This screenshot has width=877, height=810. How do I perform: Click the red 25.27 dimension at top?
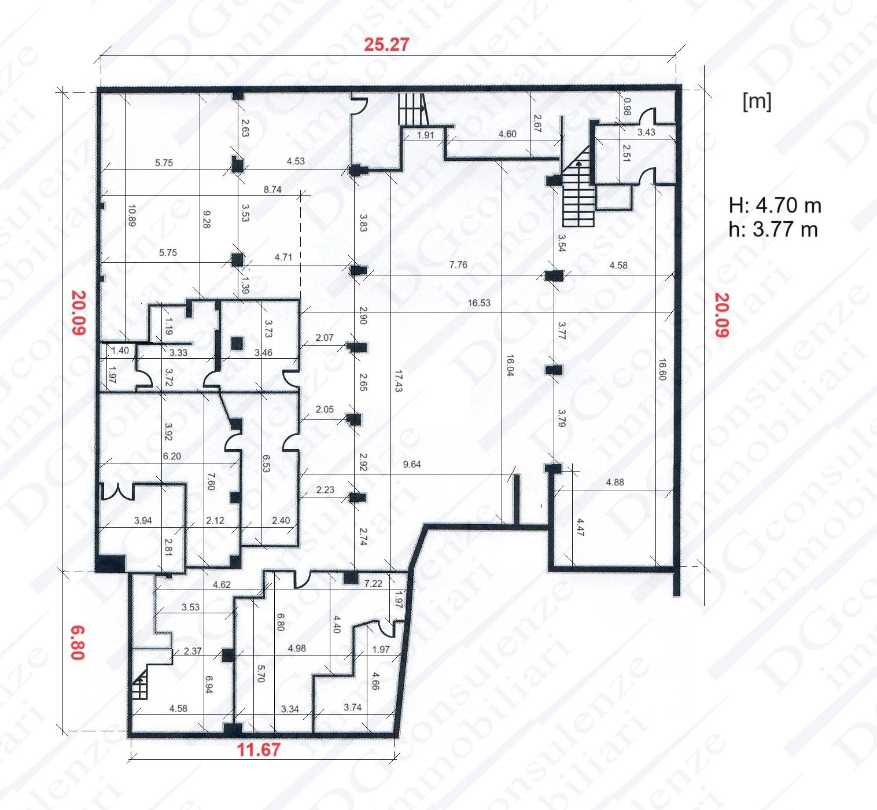pyautogui.click(x=386, y=45)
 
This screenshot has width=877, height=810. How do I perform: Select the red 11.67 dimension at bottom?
pyautogui.click(x=259, y=749)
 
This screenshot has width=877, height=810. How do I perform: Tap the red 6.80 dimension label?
pyautogui.click(x=78, y=643)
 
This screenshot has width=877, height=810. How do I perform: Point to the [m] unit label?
pyautogui.click(x=757, y=102)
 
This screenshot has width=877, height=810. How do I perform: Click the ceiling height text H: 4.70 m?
pyautogui.click(x=775, y=206)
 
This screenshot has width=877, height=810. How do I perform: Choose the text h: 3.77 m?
pyautogui.click(x=773, y=230)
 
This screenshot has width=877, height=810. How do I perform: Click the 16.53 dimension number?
pyautogui.click(x=479, y=303)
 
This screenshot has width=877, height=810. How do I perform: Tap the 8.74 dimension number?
pyautogui.click(x=272, y=189)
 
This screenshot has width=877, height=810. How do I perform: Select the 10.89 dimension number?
pyautogui.click(x=131, y=216)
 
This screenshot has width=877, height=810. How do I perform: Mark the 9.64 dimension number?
pyautogui.click(x=411, y=464)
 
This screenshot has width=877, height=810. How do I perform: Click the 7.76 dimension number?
pyautogui.click(x=458, y=264)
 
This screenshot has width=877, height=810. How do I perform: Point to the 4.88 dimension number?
pyautogui.click(x=615, y=483)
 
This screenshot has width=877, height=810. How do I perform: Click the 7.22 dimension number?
pyautogui.click(x=373, y=583)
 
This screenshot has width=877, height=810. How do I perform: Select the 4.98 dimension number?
pyautogui.click(x=297, y=649)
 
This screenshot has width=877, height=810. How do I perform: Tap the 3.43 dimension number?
pyautogui.click(x=646, y=132)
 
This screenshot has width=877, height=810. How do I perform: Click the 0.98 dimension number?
pyautogui.click(x=627, y=107)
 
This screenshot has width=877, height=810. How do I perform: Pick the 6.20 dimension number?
pyautogui.click(x=172, y=456)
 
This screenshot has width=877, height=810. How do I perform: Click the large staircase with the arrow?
pyautogui.click(x=578, y=186)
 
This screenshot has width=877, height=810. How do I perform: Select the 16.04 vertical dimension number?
pyautogui.click(x=510, y=365)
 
